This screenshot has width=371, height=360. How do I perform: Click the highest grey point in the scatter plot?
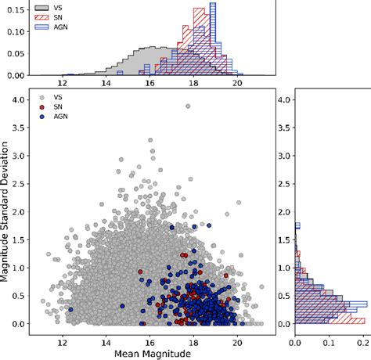point(187,106)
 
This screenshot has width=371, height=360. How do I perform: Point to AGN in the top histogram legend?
point(54,27)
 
